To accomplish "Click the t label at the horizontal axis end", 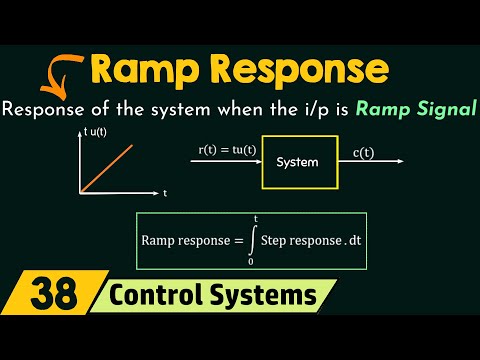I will (x=165, y=191).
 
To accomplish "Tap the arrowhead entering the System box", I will (x=257, y=160).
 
